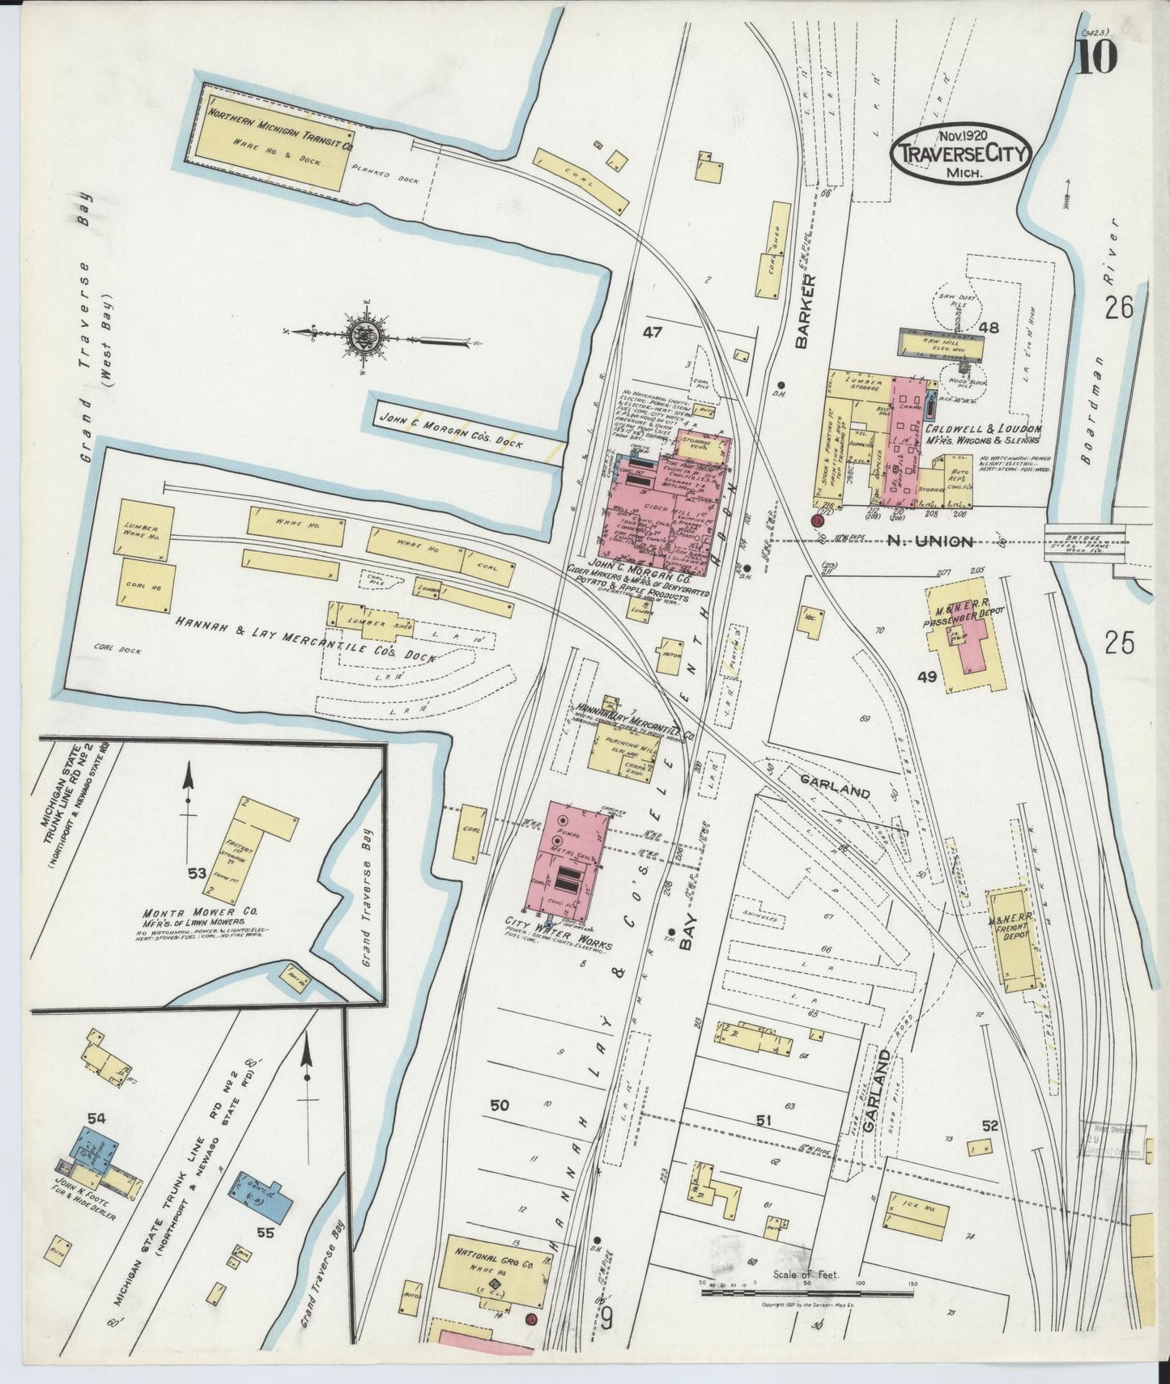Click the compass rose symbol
[360, 333]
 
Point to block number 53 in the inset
[194, 872]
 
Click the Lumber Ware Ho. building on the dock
[147, 529]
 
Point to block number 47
[653, 331]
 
